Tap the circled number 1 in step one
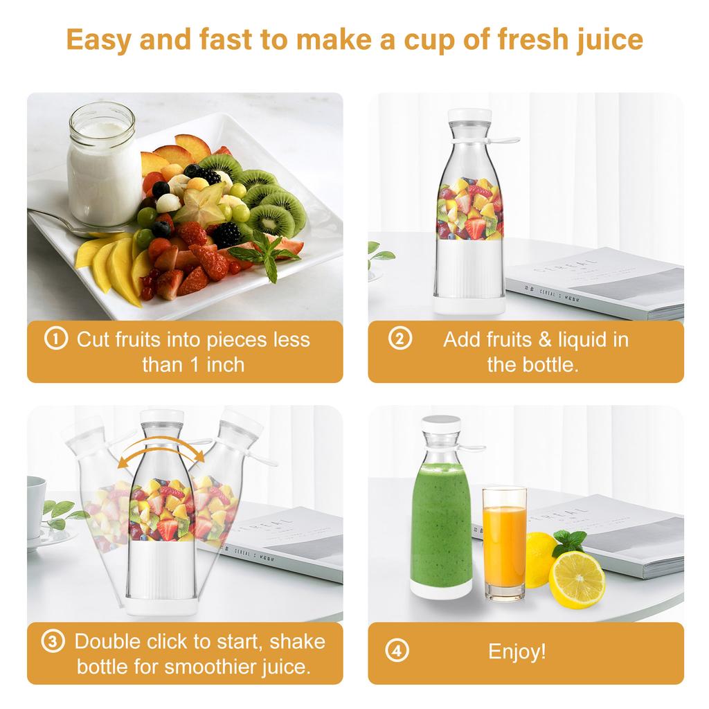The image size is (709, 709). click(x=56, y=339)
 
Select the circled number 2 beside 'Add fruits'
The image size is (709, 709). click(x=400, y=339)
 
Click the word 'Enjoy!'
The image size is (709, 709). click(x=517, y=652)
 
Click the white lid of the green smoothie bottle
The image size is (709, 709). click(x=442, y=424)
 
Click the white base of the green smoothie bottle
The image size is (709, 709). click(x=441, y=587)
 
